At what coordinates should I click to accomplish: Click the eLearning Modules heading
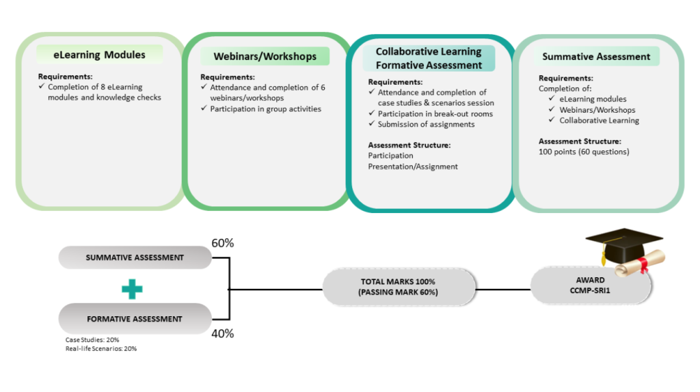click(x=100, y=55)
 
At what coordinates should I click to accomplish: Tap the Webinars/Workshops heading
click(x=265, y=56)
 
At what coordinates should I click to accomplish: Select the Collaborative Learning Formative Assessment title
click(x=429, y=59)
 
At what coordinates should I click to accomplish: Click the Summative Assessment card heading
click(x=596, y=56)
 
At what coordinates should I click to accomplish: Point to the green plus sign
click(x=132, y=288)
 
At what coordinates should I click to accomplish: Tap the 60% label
click(x=223, y=243)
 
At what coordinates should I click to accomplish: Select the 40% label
click(x=223, y=333)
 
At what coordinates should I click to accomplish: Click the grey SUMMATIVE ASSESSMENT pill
click(x=135, y=257)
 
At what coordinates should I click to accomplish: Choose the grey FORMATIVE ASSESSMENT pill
click(x=135, y=318)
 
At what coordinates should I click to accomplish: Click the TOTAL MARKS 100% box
click(x=399, y=287)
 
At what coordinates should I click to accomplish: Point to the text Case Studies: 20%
click(x=92, y=339)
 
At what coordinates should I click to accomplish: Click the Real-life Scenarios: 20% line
click(x=101, y=348)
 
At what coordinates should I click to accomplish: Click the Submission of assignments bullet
click(x=426, y=124)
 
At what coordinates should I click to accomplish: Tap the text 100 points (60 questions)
click(x=584, y=152)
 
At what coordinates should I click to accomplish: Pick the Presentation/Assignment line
click(x=413, y=166)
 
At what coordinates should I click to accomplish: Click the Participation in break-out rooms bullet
click(x=435, y=113)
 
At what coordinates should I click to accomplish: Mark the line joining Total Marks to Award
click(x=502, y=289)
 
